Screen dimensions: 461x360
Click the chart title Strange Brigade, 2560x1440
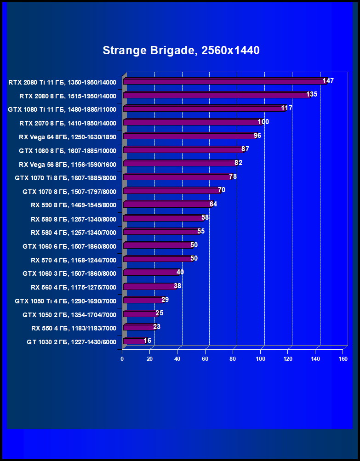[181, 50]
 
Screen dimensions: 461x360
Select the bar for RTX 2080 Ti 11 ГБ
[224, 81]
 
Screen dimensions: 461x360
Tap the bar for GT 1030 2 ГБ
[134, 341]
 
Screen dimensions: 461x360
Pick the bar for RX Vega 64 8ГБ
[189, 136]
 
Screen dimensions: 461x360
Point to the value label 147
[328, 81]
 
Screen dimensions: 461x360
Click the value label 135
[312, 94]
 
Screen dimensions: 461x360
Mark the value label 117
[287, 108]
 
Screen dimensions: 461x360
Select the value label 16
[147, 341]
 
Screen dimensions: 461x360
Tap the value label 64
[213, 204]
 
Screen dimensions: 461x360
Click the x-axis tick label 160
[343, 359]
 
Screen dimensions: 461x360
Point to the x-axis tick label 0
[122, 359]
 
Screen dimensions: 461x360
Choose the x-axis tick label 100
[261, 359]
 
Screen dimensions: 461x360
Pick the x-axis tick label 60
[205, 359]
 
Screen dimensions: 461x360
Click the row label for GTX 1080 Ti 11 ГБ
[62, 109]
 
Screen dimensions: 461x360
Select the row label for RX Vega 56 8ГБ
[68, 164]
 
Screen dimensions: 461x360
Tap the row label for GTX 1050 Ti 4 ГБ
[65, 301]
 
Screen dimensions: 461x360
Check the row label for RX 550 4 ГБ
[74, 328]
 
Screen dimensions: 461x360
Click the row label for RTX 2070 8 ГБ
[68, 123]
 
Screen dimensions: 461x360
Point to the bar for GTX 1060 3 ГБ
[151, 273]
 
